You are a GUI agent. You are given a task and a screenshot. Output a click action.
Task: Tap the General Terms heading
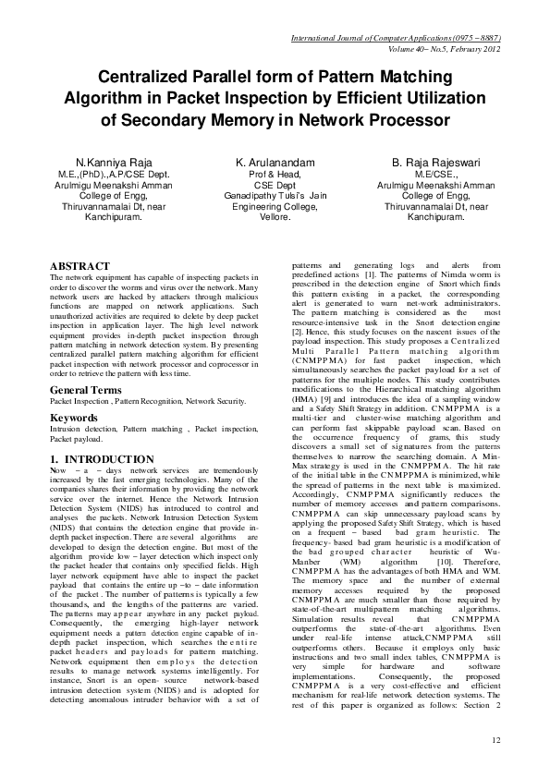point(86,390)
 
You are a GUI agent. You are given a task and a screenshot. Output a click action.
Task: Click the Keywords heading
point(74,418)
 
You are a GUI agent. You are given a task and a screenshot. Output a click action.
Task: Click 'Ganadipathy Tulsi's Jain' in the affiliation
point(275,197)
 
